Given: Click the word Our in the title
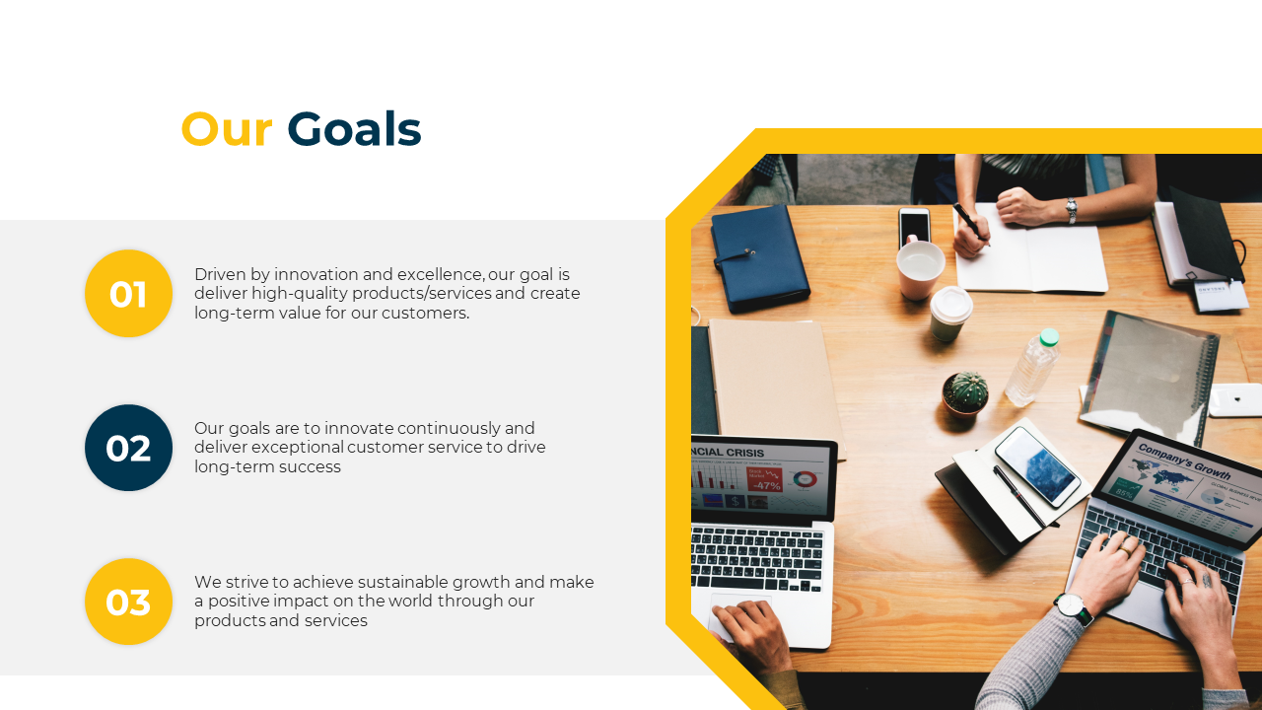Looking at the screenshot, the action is [x=227, y=129].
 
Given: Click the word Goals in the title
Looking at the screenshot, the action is [x=354, y=129].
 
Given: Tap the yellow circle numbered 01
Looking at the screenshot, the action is [x=128, y=294].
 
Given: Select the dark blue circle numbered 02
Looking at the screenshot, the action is [x=128, y=448].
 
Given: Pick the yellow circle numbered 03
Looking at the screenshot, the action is [x=128, y=602].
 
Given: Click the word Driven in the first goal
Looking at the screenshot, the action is [x=220, y=274].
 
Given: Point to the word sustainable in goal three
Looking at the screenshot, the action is [x=403, y=582].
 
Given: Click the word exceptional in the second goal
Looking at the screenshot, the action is [x=298, y=448].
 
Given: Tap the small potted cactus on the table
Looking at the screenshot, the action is [x=965, y=394].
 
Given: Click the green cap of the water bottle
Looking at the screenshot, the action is [x=1049, y=337].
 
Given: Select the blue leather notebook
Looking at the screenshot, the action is [x=759, y=257].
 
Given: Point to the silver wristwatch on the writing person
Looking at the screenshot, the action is [x=1071, y=210].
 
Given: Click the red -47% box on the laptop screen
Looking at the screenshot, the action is [x=764, y=479].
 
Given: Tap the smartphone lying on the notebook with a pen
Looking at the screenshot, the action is [x=1037, y=466].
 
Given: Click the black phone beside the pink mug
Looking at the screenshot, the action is [x=914, y=227].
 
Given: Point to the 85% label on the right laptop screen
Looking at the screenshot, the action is [x=1123, y=493].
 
